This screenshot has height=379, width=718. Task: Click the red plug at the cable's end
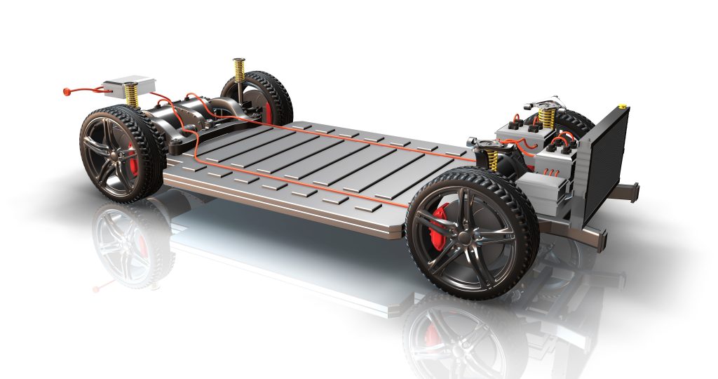pos(67,91)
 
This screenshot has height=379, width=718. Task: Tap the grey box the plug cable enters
pos(129,85)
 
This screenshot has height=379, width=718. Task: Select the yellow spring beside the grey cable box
pos(131,95)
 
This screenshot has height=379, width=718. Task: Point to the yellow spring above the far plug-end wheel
pos(240,69)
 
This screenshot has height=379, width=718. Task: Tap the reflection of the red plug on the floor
pos(97,288)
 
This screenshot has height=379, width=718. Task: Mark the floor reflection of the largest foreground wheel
pos(456,337)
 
